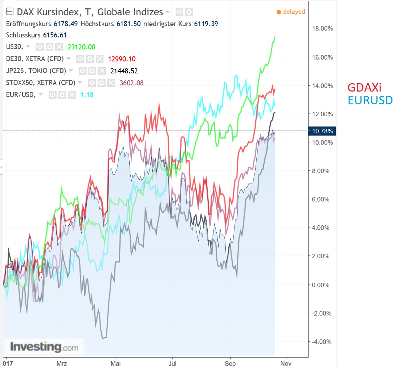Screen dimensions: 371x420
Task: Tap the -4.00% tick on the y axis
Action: [321, 342]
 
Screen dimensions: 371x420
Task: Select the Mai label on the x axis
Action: [116, 363]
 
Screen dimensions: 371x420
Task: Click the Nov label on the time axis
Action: [286, 363]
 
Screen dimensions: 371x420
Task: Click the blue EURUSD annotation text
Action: [370, 100]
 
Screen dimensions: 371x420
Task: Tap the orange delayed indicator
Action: [291, 12]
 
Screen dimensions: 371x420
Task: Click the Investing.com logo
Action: [44, 347]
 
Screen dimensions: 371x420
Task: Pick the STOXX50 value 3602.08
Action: [131, 83]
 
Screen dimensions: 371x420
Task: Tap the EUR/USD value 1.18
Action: [86, 95]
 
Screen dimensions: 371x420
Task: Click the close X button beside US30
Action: [60, 47]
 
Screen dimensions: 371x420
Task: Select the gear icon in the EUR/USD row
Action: [62, 95]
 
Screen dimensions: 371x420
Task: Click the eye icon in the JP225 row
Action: [83, 71]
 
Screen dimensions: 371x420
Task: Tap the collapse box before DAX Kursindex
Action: [10, 12]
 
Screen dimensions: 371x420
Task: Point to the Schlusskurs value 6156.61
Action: [55, 35]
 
